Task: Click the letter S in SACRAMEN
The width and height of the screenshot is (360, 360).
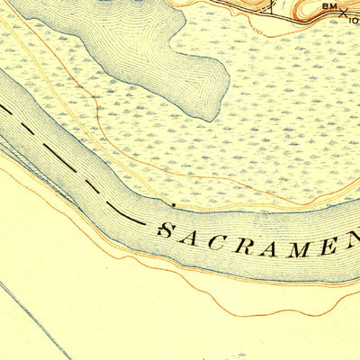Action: point(166,230)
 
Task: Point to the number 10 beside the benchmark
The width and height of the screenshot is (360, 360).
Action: point(354,17)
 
